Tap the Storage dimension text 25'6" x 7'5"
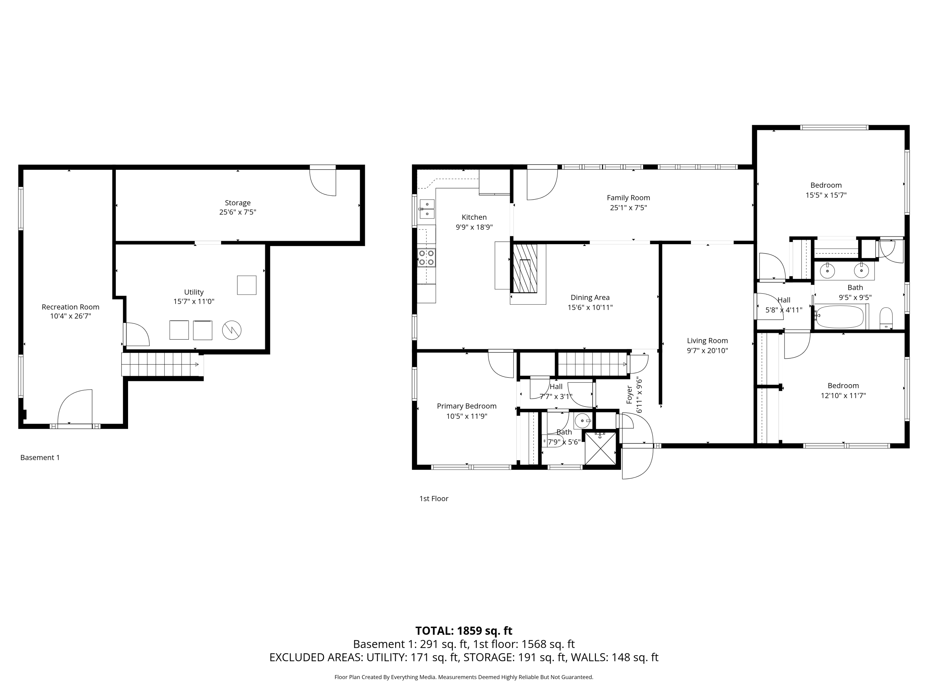pyautogui.click(x=238, y=212)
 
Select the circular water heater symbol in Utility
pyautogui.click(x=232, y=330)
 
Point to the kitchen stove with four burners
pyautogui.click(x=426, y=258)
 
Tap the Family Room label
pyautogui.click(x=629, y=198)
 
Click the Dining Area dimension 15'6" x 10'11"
pyautogui.click(x=590, y=307)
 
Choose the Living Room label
pyautogui.click(x=707, y=341)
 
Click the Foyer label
pyautogui.click(x=629, y=395)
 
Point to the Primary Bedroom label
pyautogui.click(x=466, y=406)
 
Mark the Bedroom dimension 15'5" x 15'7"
pyautogui.click(x=826, y=195)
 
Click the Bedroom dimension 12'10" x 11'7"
pyautogui.click(x=843, y=396)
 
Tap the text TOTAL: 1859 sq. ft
pyautogui.click(x=464, y=631)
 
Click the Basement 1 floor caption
pyautogui.click(x=40, y=458)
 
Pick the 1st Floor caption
pyautogui.click(x=434, y=499)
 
